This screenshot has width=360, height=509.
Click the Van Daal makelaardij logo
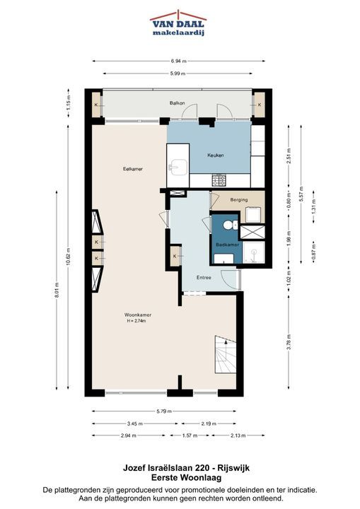[x=178, y=23]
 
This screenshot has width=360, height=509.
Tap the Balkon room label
[x=177, y=103]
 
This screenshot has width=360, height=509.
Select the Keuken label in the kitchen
[x=216, y=155]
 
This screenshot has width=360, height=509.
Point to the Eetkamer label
[x=133, y=169]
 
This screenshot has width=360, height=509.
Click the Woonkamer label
[x=138, y=315]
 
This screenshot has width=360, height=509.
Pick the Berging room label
[x=239, y=199]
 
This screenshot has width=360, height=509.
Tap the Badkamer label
[x=228, y=245]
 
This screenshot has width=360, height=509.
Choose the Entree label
[x=204, y=278]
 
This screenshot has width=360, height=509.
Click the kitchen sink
[x=178, y=168]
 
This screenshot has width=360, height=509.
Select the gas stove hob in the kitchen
[x=219, y=180]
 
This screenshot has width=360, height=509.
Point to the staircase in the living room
[x=225, y=354]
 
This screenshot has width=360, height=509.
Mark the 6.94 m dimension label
[x=179, y=61]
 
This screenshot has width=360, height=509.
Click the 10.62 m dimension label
[x=68, y=257]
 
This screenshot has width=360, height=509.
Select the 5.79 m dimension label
[x=164, y=411]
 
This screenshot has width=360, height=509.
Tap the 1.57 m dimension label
[x=190, y=435]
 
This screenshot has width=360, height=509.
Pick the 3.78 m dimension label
[x=289, y=342]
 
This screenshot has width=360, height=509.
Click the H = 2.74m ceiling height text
[x=137, y=321]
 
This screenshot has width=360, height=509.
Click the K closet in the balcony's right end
[x=260, y=105]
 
